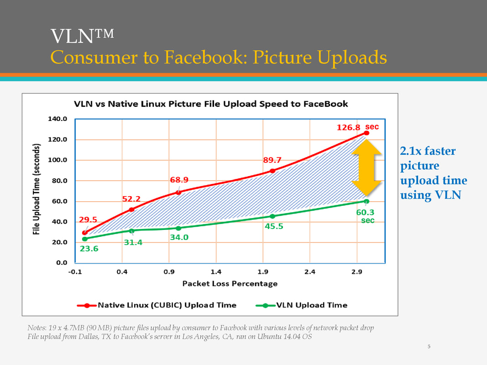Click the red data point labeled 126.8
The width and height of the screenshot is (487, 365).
(x=366, y=133)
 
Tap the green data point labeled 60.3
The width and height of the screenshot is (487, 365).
(x=366, y=201)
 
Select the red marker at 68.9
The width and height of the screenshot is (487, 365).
(x=178, y=193)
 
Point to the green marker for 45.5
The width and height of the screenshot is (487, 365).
(x=272, y=216)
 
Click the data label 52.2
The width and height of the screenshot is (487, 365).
(x=131, y=199)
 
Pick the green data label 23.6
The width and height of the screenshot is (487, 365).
(x=89, y=249)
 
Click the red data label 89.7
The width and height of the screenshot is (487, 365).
(x=272, y=160)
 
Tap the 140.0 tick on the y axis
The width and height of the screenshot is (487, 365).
(x=58, y=119)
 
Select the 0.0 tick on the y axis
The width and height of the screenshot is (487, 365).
(x=62, y=263)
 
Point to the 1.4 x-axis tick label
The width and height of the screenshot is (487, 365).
(x=216, y=272)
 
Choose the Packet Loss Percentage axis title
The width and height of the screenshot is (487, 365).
(x=230, y=284)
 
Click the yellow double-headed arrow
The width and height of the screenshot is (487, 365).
(x=367, y=167)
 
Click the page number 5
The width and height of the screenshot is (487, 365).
(x=429, y=347)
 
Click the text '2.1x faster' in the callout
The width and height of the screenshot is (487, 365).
(x=428, y=151)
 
